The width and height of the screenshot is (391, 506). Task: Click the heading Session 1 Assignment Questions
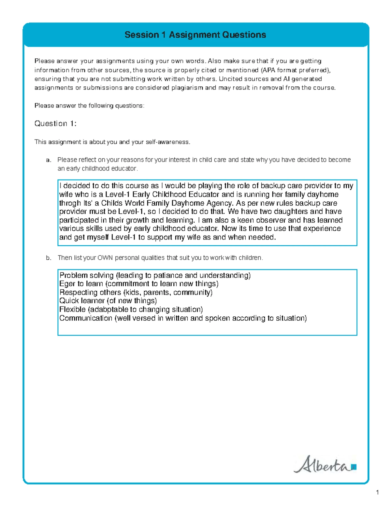(x=195, y=35)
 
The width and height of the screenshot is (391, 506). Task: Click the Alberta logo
(x=325, y=465)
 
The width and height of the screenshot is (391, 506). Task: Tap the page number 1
(x=377, y=492)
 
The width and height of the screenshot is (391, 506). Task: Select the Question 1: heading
(x=55, y=123)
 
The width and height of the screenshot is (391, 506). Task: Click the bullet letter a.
(x=49, y=160)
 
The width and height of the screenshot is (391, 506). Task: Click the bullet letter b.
(x=49, y=258)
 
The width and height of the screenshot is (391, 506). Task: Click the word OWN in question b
(x=105, y=258)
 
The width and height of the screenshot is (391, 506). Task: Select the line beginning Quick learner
(x=108, y=301)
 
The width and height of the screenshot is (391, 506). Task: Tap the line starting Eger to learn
(x=139, y=284)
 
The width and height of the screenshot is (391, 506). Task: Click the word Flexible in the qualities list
(x=72, y=309)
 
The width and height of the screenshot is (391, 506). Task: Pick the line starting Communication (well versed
(x=183, y=318)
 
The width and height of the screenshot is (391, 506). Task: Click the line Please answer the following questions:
(x=89, y=106)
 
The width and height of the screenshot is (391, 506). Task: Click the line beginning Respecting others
(x=136, y=292)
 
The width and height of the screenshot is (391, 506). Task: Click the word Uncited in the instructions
(x=230, y=79)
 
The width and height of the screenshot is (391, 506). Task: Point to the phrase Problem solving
(x=87, y=275)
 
